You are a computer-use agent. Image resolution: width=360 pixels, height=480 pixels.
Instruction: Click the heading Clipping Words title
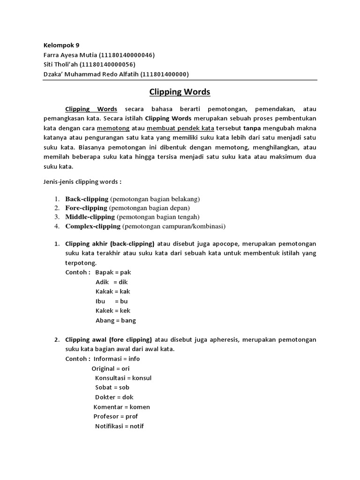180,92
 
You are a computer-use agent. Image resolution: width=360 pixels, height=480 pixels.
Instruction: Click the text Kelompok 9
61,45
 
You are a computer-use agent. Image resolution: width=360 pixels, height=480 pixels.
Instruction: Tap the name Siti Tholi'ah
60,64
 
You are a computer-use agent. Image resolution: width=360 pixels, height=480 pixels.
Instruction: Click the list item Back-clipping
87,198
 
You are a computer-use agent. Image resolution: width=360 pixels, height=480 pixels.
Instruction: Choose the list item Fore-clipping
87,207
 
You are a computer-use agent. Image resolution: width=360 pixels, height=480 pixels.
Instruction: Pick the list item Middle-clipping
90,217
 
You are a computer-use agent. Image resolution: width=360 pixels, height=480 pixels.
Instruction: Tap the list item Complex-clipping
93,226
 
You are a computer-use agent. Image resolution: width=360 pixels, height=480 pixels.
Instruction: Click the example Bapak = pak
113,272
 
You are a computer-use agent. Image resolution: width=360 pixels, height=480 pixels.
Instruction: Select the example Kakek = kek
112,311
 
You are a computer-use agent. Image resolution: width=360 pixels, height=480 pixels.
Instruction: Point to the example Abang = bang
115,321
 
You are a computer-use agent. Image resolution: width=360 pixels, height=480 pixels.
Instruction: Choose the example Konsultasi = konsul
123,378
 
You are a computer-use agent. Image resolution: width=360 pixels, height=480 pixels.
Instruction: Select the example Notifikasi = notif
119,426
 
